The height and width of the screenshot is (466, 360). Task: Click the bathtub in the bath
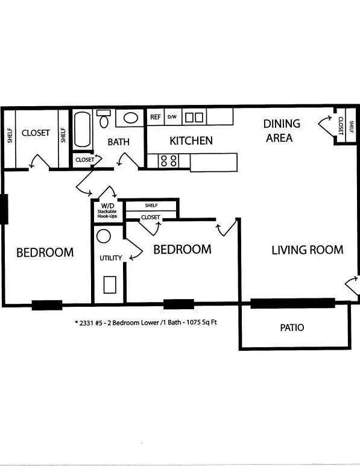pyautogui.click(x=82, y=129)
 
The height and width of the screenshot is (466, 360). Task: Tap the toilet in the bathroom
pyautogui.click(x=104, y=118)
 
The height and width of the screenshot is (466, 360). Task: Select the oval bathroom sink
pyautogui.click(x=130, y=118)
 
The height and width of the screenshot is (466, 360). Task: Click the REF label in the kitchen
pyautogui.click(x=156, y=117)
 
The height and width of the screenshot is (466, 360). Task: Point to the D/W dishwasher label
pyautogui.click(x=172, y=117)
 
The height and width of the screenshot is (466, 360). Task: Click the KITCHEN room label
pyautogui.click(x=191, y=140)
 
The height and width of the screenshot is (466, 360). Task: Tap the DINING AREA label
pyautogui.click(x=281, y=131)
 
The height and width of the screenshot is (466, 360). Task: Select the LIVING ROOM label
pyautogui.click(x=308, y=250)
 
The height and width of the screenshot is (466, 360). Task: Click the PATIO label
pyautogui.click(x=292, y=327)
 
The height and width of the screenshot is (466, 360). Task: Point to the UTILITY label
pyautogui.click(x=110, y=257)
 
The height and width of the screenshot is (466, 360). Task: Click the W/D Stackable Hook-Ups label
pyautogui.click(x=107, y=211)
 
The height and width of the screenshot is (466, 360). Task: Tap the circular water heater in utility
pyautogui.click(x=104, y=236)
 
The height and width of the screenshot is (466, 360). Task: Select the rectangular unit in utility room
pyautogui.click(x=110, y=285)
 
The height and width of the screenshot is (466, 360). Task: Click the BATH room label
pyautogui.click(x=119, y=142)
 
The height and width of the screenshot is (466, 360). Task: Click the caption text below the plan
pyautogui.click(x=146, y=322)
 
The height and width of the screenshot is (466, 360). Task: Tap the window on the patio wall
pyautogui.click(x=293, y=303)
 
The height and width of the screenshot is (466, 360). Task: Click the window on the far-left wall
pyautogui.click(x=4, y=209)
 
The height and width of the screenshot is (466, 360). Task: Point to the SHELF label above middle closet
pyautogui.click(x=151, y=206)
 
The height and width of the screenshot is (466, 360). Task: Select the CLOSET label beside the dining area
pyautogui.click(x=341, y=126)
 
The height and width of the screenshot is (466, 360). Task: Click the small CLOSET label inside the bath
pyautogui.click(x=84, y=160)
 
